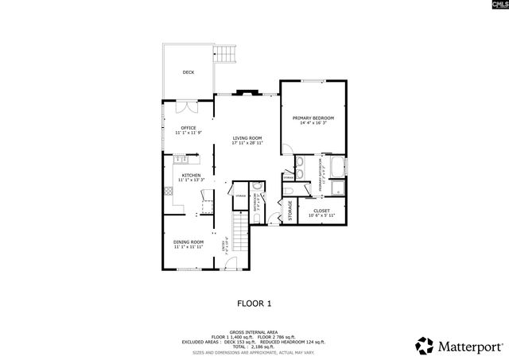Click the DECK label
[188, 72]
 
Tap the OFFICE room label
[188, 127]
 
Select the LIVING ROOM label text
[247, 138]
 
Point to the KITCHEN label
[191, 175]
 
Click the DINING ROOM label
[188, 242]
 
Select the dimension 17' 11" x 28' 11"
[247, 144]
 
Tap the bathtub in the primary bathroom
[336, 168]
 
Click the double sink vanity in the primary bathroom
[301, 168]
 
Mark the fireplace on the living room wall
[246, 92]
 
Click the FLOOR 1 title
[254, 303]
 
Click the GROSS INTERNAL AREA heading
[254, 331]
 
